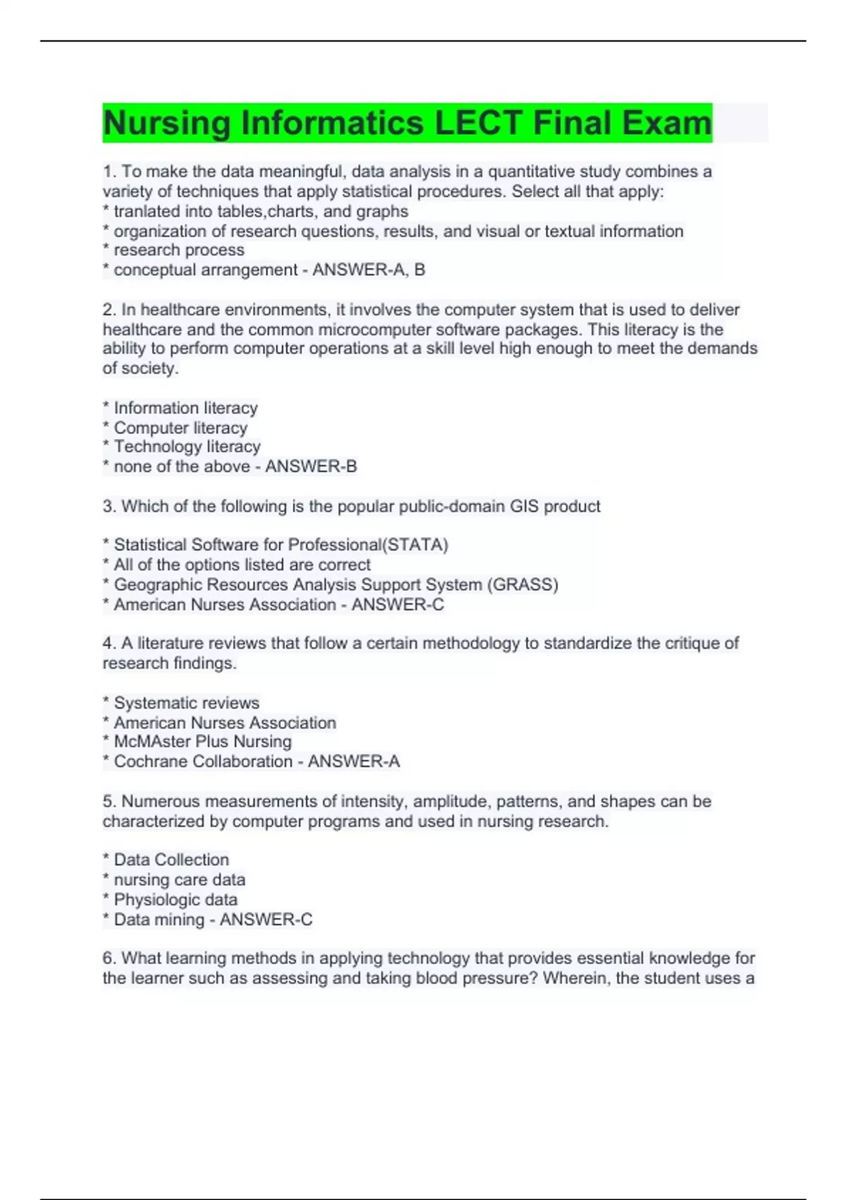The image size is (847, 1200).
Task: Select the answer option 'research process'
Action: (179, 250)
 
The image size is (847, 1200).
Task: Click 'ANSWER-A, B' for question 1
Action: (368, 270)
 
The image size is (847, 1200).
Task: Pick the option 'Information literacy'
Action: (186, 408)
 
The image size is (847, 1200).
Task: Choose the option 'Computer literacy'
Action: (181, 428)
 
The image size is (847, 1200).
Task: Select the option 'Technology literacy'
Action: (187, 447)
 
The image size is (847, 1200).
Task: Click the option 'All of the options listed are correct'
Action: (241, 565)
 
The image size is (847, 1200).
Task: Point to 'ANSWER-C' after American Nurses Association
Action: (397, 604)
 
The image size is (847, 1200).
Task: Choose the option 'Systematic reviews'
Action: (186, 703)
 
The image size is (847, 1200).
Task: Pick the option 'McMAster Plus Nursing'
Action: (203, 742)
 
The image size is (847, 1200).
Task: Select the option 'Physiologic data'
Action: (176, 900)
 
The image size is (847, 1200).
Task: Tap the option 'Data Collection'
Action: (172, 860)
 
